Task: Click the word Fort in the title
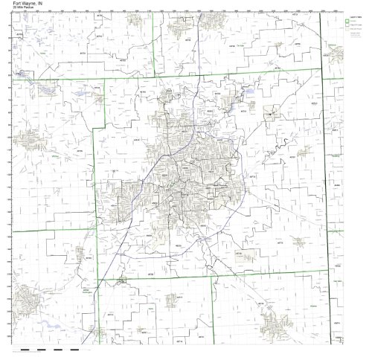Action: point(6,3)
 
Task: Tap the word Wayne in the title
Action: point(18,3)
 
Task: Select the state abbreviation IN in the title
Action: point(29,3)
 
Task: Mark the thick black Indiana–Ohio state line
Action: point(324,186)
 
